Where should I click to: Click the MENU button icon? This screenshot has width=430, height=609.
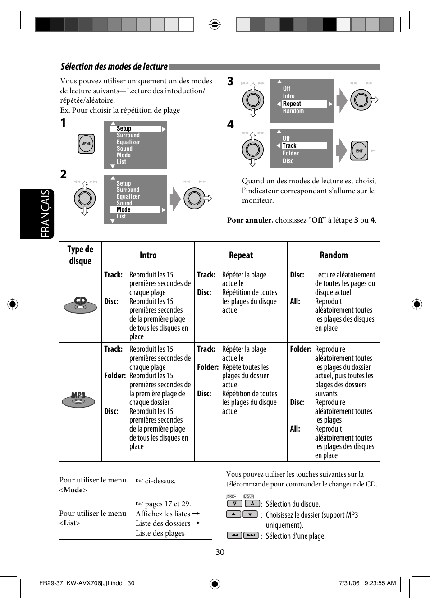pyautogui.click(x=86, y=144)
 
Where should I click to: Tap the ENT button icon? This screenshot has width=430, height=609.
pyautogui.click(x=359, y=151)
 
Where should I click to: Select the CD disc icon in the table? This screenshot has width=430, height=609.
pyautogui.click(x=80, y=305)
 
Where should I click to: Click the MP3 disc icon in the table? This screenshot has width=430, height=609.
pyautogui.click(x=78, y=399)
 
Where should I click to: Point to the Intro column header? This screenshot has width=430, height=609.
pyautogui.click(x=148, y=255)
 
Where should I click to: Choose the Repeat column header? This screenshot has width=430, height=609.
pyautogui.click(x=241, y=255)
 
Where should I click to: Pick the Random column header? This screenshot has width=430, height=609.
pyautogui.click(x=334, y=255)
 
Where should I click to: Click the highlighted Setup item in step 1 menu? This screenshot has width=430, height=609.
pyautogui.click(x=135, y=129)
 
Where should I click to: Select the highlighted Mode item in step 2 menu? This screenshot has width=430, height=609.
pyautogui.click(x=135, y=210)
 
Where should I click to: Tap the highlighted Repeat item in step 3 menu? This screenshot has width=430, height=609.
pyautogui.click(x=304, y=104)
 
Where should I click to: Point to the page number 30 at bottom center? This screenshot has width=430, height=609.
pyautogui.click(x=220, y=552)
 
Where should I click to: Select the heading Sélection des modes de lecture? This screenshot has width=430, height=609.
pyautogui.click(x=114, y=67)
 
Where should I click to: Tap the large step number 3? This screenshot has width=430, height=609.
pyautogui.click(x=230, y=82)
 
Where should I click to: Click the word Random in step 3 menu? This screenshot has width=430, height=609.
pyautogui.click(x=293, y=111)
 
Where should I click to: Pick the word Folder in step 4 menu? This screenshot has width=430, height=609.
pyautogui.click(x=291, y=154)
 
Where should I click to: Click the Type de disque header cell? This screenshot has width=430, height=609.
pyautogui.click(x=80, y=255)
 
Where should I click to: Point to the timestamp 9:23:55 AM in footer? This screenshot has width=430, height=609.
pyautogui.click(x=380, y=583)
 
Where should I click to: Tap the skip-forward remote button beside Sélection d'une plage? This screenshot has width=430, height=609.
pyautogui.click(x=251, y=535)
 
